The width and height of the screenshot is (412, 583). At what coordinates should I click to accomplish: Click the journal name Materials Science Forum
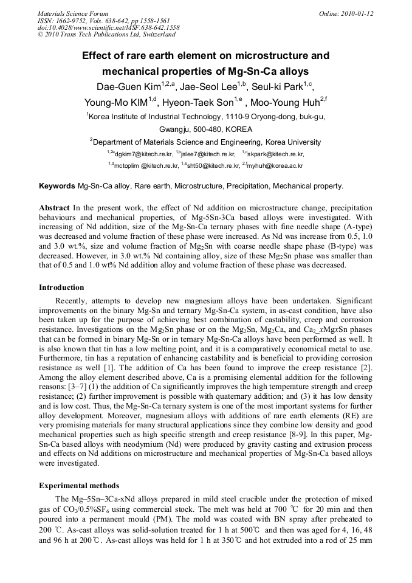pos(73,13)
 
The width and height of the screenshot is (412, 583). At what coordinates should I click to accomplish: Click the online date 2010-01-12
pos(358,13)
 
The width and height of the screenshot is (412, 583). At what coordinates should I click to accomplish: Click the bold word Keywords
pos(57,186)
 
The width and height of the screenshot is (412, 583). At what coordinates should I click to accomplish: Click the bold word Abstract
pos(55,208)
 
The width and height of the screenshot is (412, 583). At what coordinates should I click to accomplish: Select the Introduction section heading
pos(61,287)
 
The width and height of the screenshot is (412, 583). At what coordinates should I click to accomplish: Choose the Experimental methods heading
pos(79,486)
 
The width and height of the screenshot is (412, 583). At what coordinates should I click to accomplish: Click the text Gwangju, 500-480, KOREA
pos(205,129)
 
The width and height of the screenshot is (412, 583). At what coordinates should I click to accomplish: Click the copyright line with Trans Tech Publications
pos(97,35)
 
